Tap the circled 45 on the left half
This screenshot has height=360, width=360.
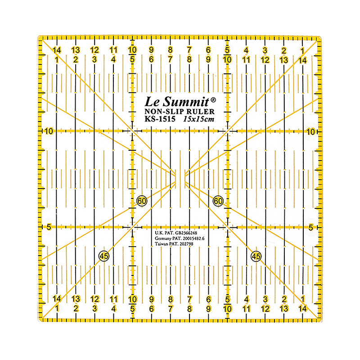click(104, 256)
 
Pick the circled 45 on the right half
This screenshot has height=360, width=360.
click(256, 256)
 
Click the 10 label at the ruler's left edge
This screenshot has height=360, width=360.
click(49, 131)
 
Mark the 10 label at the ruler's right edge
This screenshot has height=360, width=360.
click(310, 131)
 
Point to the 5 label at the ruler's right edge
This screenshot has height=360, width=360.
click(311, 227)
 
